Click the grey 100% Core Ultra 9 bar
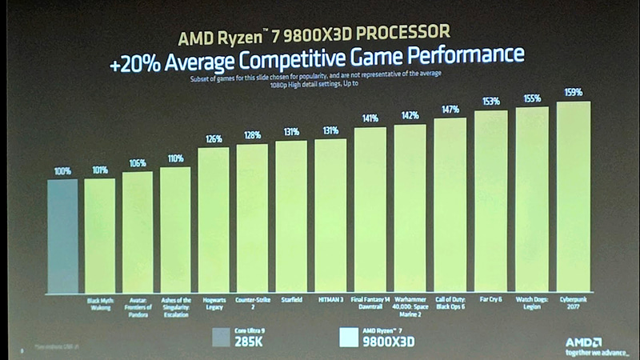(x=62, y=236)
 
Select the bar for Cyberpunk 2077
(x=573, y=197)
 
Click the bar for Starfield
(x=291, y=217)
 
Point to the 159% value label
(x=573, y=92)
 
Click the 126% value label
(x=214, y=138)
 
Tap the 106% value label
(x=137, y=162)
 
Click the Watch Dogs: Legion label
(x=530, y=304)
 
